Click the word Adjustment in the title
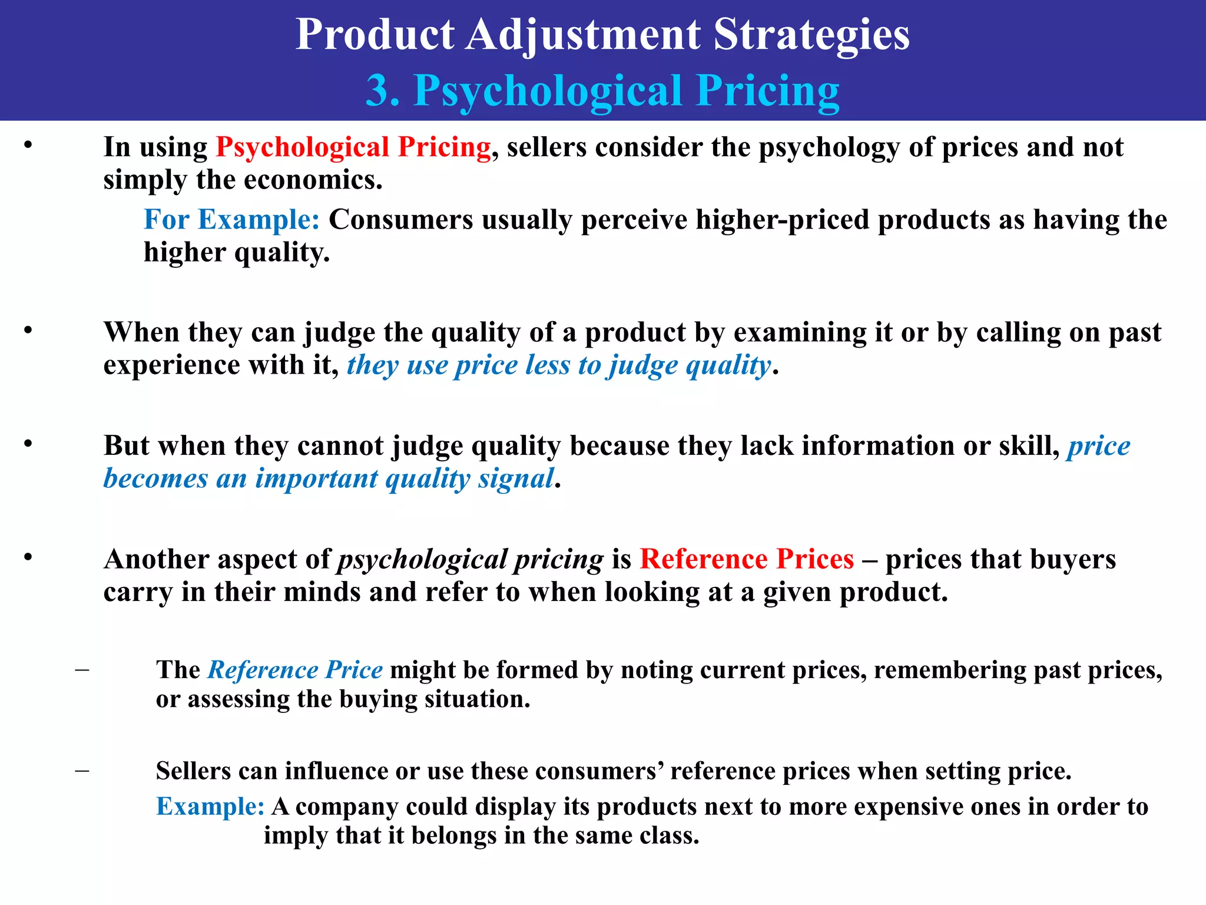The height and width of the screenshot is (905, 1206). (583, 34)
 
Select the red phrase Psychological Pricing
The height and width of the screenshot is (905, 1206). (353, 147)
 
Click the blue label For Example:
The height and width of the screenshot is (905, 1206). (231, 220)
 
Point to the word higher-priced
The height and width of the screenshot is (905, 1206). (783, 220)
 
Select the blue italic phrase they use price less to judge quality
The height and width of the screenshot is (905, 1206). (558, 365)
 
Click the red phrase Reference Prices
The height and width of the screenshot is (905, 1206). (747, 559)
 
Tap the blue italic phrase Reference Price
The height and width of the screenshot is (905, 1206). (295, 670)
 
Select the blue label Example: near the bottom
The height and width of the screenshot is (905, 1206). (210, 807)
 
